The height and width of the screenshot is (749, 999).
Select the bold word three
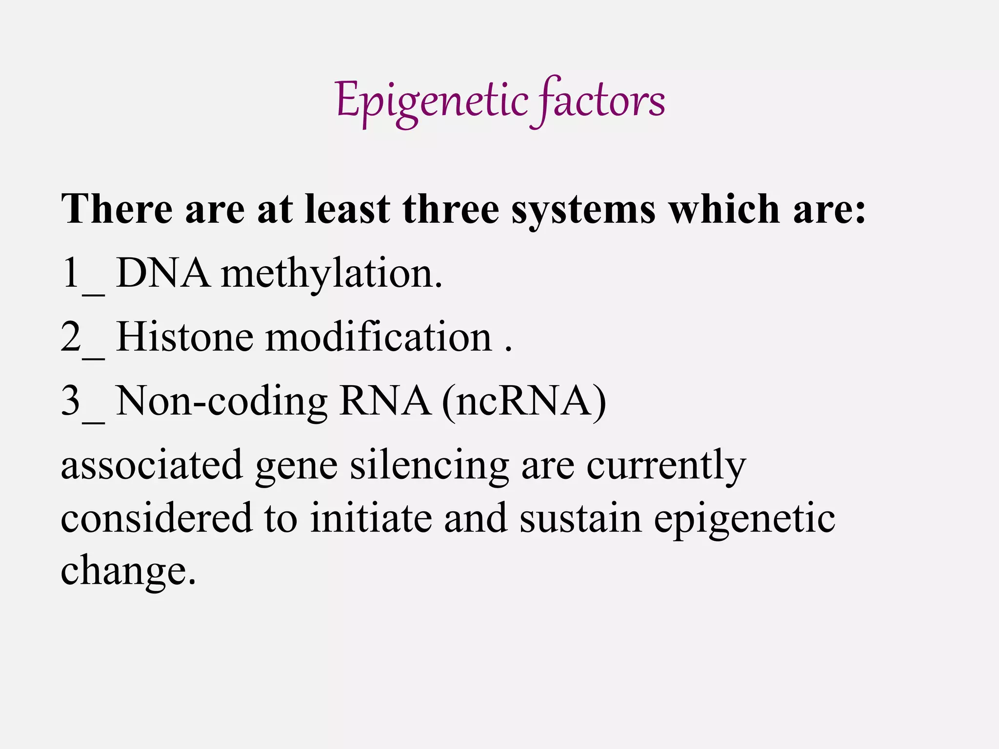[451, 210]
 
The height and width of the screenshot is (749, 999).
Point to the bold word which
[725, 210]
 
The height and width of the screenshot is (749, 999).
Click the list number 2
[71, 337]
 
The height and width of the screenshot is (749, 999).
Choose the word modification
[379, 337]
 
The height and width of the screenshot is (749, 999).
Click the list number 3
[71, 401]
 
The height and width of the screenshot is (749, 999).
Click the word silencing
[429, 466]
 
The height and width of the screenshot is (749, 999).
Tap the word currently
[665, 466]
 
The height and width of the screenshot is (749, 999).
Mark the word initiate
[371, 518]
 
